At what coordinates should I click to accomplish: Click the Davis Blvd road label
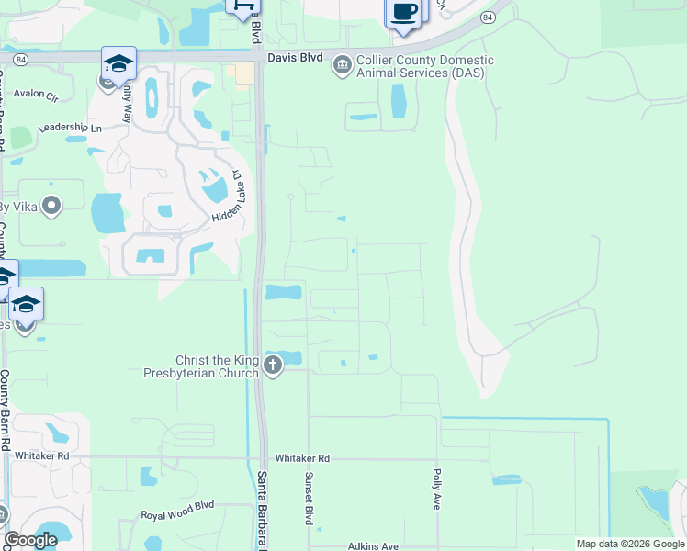pyautogui.click(x=295, y=57)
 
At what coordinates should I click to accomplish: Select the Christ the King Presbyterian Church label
pyautogui.click(x=200, y=366)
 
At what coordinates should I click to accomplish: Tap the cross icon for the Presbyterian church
pyautogui.click(x=272, y=366)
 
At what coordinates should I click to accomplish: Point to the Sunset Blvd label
pyautogui.click(x=309, y=499)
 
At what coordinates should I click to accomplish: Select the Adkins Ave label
pyautogui.click(x=373, y=546)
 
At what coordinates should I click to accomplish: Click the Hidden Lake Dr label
pyautogui.click(x=225, y=196)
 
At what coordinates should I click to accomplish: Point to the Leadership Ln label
pyautogui.click(x=70, y=129)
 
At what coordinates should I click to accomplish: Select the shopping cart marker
pyautogui.click(x=242, y=7)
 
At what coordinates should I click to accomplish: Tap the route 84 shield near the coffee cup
pyautogui.click(x=486, y=17)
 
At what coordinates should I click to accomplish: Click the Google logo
pyautogui.click(x=30, y=540)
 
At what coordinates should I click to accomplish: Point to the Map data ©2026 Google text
pyautogui.click(x=628, y=544)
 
